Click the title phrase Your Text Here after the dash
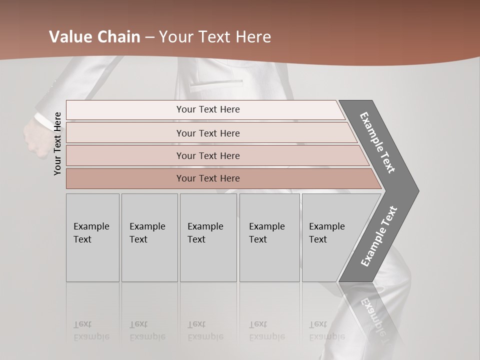(x=215, y=37)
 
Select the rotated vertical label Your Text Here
(x=57, y=143)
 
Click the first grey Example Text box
(x=92, y=237)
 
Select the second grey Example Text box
(x=149, y=237)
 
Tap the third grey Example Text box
(x=208, y=237)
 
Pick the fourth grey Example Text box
(x=269, y=237)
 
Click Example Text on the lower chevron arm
(x=379, y=236)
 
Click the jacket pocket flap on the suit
(x=216, y=81)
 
